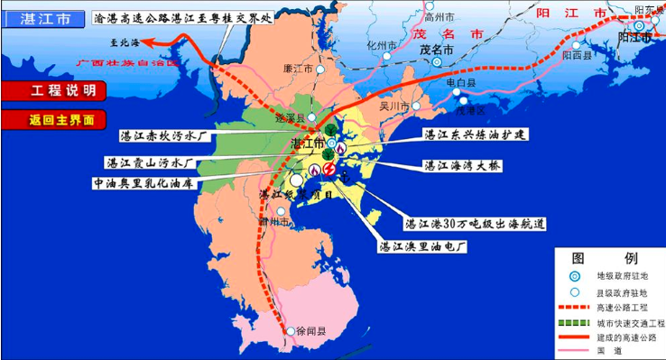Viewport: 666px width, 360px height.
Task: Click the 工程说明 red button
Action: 54,91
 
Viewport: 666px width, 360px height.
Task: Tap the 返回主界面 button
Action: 54,118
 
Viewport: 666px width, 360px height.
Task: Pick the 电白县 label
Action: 461,82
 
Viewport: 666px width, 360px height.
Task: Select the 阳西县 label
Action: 577,55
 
